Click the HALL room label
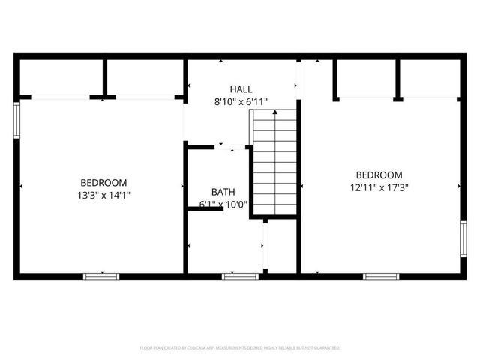click(x=241, y=88)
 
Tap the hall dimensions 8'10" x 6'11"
click(x=241, y=101)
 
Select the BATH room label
click(x=223, y=192)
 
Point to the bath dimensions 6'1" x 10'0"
click(x=223, y=204)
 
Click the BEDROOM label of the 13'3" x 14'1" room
click(x=103, y=182)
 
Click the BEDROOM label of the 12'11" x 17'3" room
click(x=379, y=175)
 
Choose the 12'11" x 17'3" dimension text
click(x=379, y=187)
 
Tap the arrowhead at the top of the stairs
click(x=274, y=112)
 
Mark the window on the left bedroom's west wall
click(x=16, y=120)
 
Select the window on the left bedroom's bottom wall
click(x=101, y=276)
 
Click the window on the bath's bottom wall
click(x=240, y=276)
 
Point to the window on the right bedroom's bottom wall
click(x=381, y=276)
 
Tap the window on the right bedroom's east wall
click(x=463, y=239)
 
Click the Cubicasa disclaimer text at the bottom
click(x=240, y=348)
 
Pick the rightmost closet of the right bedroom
click(x=429, y=77)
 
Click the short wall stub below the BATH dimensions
click(x=205, y=209)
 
